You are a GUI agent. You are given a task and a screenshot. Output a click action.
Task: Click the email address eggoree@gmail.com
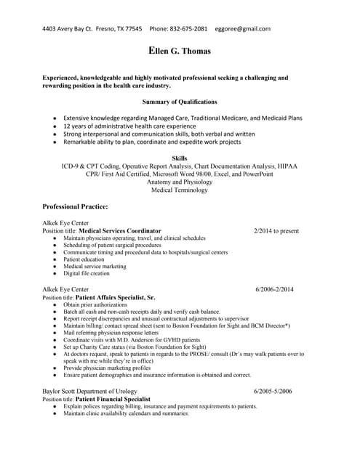[243, 29]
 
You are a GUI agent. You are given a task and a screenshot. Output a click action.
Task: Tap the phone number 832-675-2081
[189, 29]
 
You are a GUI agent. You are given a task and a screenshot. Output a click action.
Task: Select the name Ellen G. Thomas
[180, 52]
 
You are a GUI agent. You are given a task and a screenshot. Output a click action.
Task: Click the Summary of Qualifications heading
[180, 102]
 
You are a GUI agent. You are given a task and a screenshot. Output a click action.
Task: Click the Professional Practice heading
[76, 207]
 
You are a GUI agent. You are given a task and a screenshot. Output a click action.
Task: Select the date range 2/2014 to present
[276, 231]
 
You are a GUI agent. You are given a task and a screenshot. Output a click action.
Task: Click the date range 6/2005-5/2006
[273, 392]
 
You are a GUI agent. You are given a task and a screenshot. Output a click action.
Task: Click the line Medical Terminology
[179, 190]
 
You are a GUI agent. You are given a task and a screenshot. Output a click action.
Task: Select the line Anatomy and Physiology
[179, 182]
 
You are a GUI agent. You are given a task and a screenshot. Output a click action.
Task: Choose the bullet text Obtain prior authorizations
[95, 304]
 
